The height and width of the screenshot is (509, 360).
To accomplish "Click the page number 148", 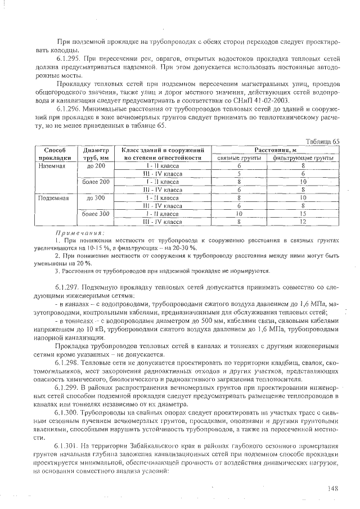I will (332, 489).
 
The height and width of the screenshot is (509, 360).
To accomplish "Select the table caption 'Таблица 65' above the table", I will (322, 142).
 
